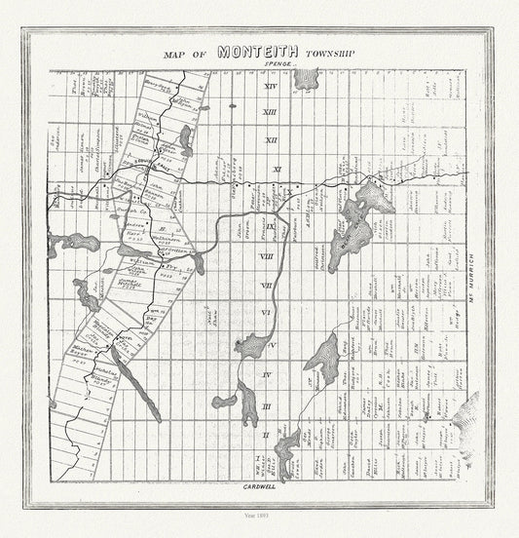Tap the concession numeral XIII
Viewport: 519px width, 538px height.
[x=271, y=115]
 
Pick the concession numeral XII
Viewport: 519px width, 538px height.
[x=271, y=141]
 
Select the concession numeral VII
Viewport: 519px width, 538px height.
[x=267, y=285]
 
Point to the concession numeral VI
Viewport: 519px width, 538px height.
[x=266, y=313]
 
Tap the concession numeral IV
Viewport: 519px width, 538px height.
[x=266, y=374]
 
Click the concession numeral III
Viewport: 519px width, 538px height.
[x=266, y=404]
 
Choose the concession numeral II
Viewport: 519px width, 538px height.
[x=266, y=434]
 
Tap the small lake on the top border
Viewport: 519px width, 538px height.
[x=305, y=78]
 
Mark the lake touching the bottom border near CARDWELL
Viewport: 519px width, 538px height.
[x=286, y=446]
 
